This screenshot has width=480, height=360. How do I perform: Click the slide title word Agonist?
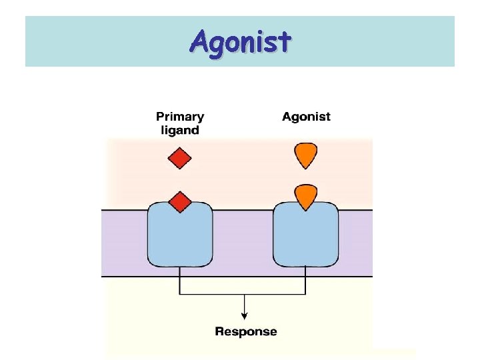tap(240, 42)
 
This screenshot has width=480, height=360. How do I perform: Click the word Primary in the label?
tap(179, 117)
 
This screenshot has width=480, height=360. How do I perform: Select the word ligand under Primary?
tap(179, 130)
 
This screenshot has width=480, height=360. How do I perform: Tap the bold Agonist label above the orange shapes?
tap(306, 117)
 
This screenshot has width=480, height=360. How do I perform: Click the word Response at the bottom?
tap(245, 331)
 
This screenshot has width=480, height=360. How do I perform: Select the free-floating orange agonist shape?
tap(306, 155)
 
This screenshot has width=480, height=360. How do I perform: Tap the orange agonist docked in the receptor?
tap(306, 196)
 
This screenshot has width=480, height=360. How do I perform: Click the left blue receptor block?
tap(179, 237)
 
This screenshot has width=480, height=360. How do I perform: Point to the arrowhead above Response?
tap(245, 315)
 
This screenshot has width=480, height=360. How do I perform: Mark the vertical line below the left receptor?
tap(179, 281)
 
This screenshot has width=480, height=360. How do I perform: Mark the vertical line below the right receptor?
tap(305, 281)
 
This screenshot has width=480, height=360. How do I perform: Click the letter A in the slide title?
tap(199, 42)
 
